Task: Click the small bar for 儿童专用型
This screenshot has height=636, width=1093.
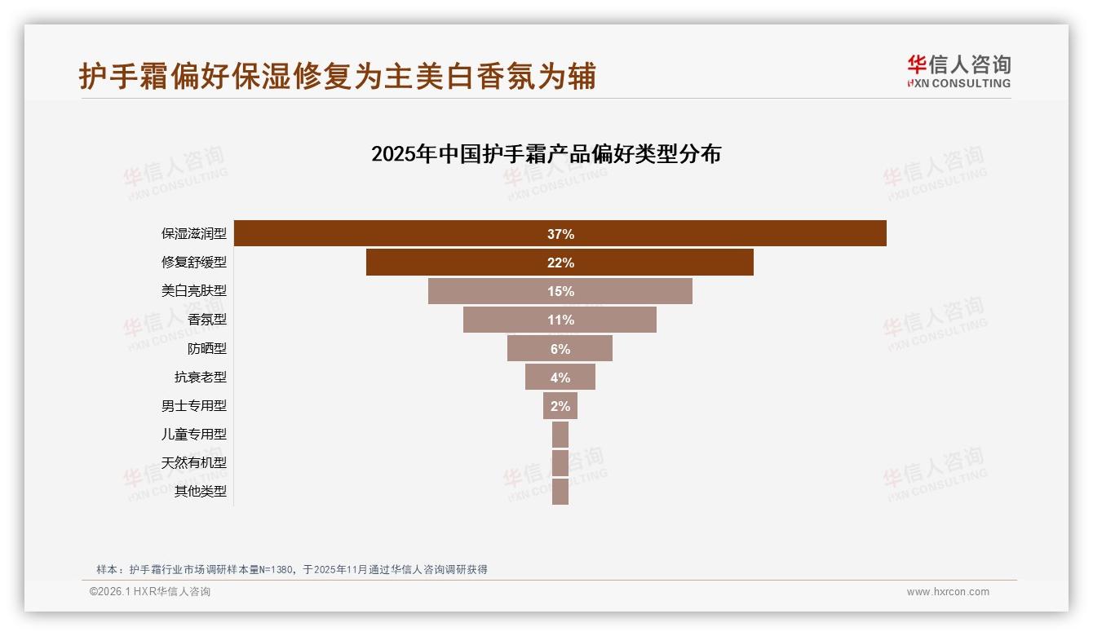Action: pos(560,434)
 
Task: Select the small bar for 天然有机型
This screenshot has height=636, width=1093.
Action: pos(560,462)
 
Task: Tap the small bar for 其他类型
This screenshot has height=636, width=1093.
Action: pos(560,491)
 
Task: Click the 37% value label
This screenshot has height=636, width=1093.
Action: pos(560,234)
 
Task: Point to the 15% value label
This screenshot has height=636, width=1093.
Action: pos(560,291)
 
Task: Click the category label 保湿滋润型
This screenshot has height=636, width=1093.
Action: pos(194,234)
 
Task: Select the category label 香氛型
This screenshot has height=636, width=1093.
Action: pos(207,320)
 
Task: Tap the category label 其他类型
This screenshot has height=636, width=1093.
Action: pos(201,491)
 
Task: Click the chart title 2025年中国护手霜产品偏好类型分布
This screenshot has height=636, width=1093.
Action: pos(546,154)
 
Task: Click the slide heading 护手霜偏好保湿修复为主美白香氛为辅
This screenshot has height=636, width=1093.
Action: pos(338,76)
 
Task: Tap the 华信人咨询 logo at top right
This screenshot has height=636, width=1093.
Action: pos(958,71)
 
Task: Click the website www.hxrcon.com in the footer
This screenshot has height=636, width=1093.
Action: pos(948,592)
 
